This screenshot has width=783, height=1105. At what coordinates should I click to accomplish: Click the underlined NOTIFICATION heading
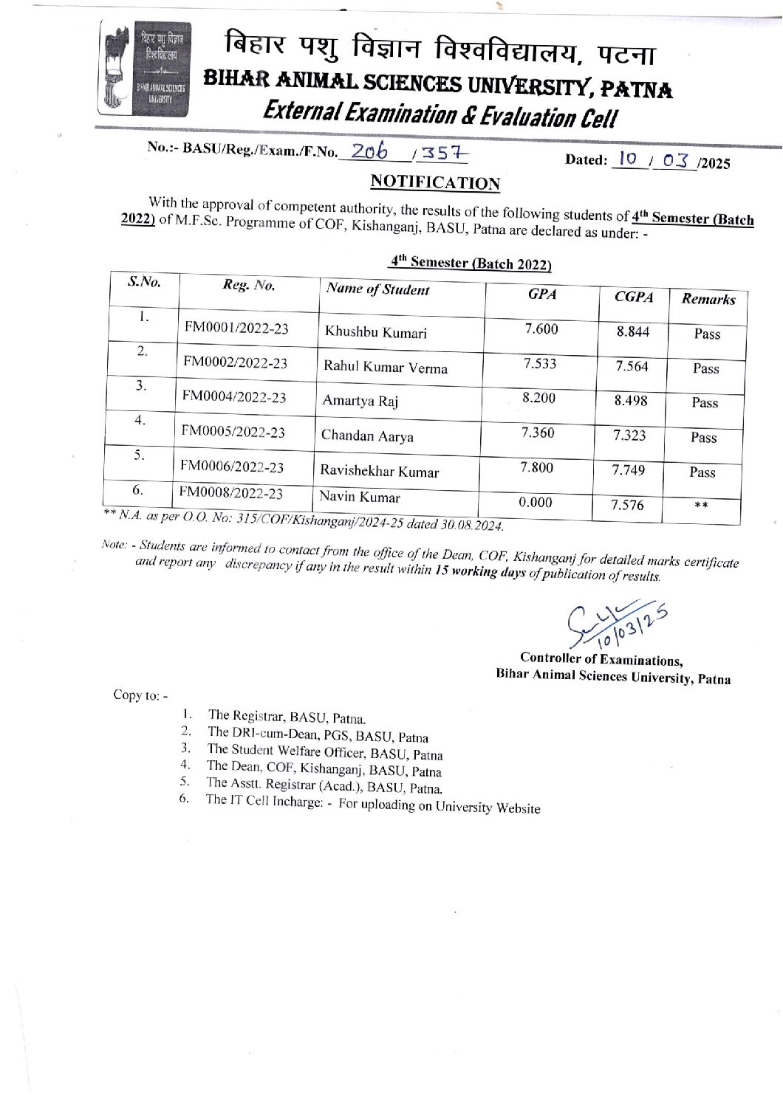pos(435,182)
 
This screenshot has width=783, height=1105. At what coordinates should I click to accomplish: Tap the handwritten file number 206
pos(369,151)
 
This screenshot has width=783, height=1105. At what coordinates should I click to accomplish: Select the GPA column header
pos(541,294)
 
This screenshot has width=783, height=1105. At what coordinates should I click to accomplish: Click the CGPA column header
pos(634,297)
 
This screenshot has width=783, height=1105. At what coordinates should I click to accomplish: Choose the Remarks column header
pos(708,299)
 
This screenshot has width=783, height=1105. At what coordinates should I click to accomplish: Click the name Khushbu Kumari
pos(375,332)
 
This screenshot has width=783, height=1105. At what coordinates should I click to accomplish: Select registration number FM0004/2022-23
pos(234,397)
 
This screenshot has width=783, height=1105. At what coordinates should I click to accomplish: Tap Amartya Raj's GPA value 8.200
pos(538,399)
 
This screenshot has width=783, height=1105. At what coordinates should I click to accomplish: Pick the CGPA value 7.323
pos(629,436)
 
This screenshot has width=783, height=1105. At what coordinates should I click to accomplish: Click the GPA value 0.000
pos(535,503)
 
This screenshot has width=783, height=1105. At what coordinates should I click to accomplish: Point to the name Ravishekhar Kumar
pos(379,471)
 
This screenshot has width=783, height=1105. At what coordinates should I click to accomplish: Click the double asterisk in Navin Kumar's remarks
pos(702,507)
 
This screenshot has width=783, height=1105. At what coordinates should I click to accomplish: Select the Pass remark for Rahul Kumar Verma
pos(705,368)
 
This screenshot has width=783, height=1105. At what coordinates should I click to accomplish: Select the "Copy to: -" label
pos(140,695)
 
